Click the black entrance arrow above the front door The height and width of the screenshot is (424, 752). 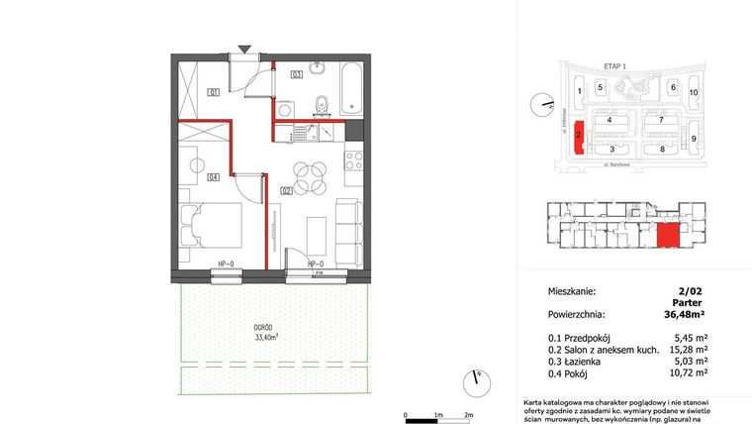[x=244, y=48]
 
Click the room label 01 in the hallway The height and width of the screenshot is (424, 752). [x=213, y=92]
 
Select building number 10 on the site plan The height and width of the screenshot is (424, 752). [x=694, y=92]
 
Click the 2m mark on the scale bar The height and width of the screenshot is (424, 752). [x=469, y=415]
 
